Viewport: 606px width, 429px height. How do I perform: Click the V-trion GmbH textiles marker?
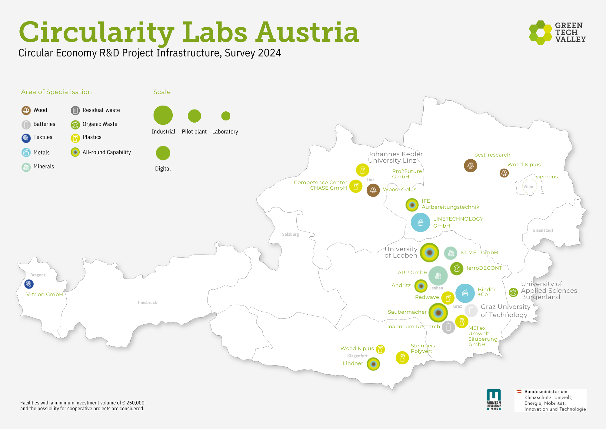click(29, 284)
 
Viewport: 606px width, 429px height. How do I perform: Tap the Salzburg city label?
click(290, 234)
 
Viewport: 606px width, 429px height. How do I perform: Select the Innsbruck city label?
click(147, 302)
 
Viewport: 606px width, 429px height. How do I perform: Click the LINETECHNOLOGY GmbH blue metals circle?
click(420, 222)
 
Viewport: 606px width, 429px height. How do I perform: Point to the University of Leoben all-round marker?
click(429, 252)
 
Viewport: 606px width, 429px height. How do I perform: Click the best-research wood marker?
click(471, 165)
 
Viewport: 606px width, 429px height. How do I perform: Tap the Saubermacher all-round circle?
click(438, 312)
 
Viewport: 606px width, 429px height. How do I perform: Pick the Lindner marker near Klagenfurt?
click(373, 364)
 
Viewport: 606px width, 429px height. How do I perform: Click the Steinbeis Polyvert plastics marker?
click(402, 358)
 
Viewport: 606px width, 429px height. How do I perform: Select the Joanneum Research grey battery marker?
click(448, 327)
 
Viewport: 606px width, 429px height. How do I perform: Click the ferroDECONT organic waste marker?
click(457, 268)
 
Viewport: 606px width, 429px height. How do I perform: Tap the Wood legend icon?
click(26, 110)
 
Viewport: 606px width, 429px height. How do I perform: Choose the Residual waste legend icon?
click(75, 110)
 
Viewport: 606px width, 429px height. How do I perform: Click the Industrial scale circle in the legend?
click(163, 115)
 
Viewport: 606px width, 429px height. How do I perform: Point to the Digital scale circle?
click(163, 153)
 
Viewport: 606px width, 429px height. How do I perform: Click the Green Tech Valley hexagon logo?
click(541, 32)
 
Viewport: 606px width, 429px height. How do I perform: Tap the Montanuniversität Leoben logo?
click(494, 400)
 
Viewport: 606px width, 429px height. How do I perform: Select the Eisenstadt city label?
click(543, 230)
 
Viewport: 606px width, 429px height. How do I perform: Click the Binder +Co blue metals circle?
click(465, 293)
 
